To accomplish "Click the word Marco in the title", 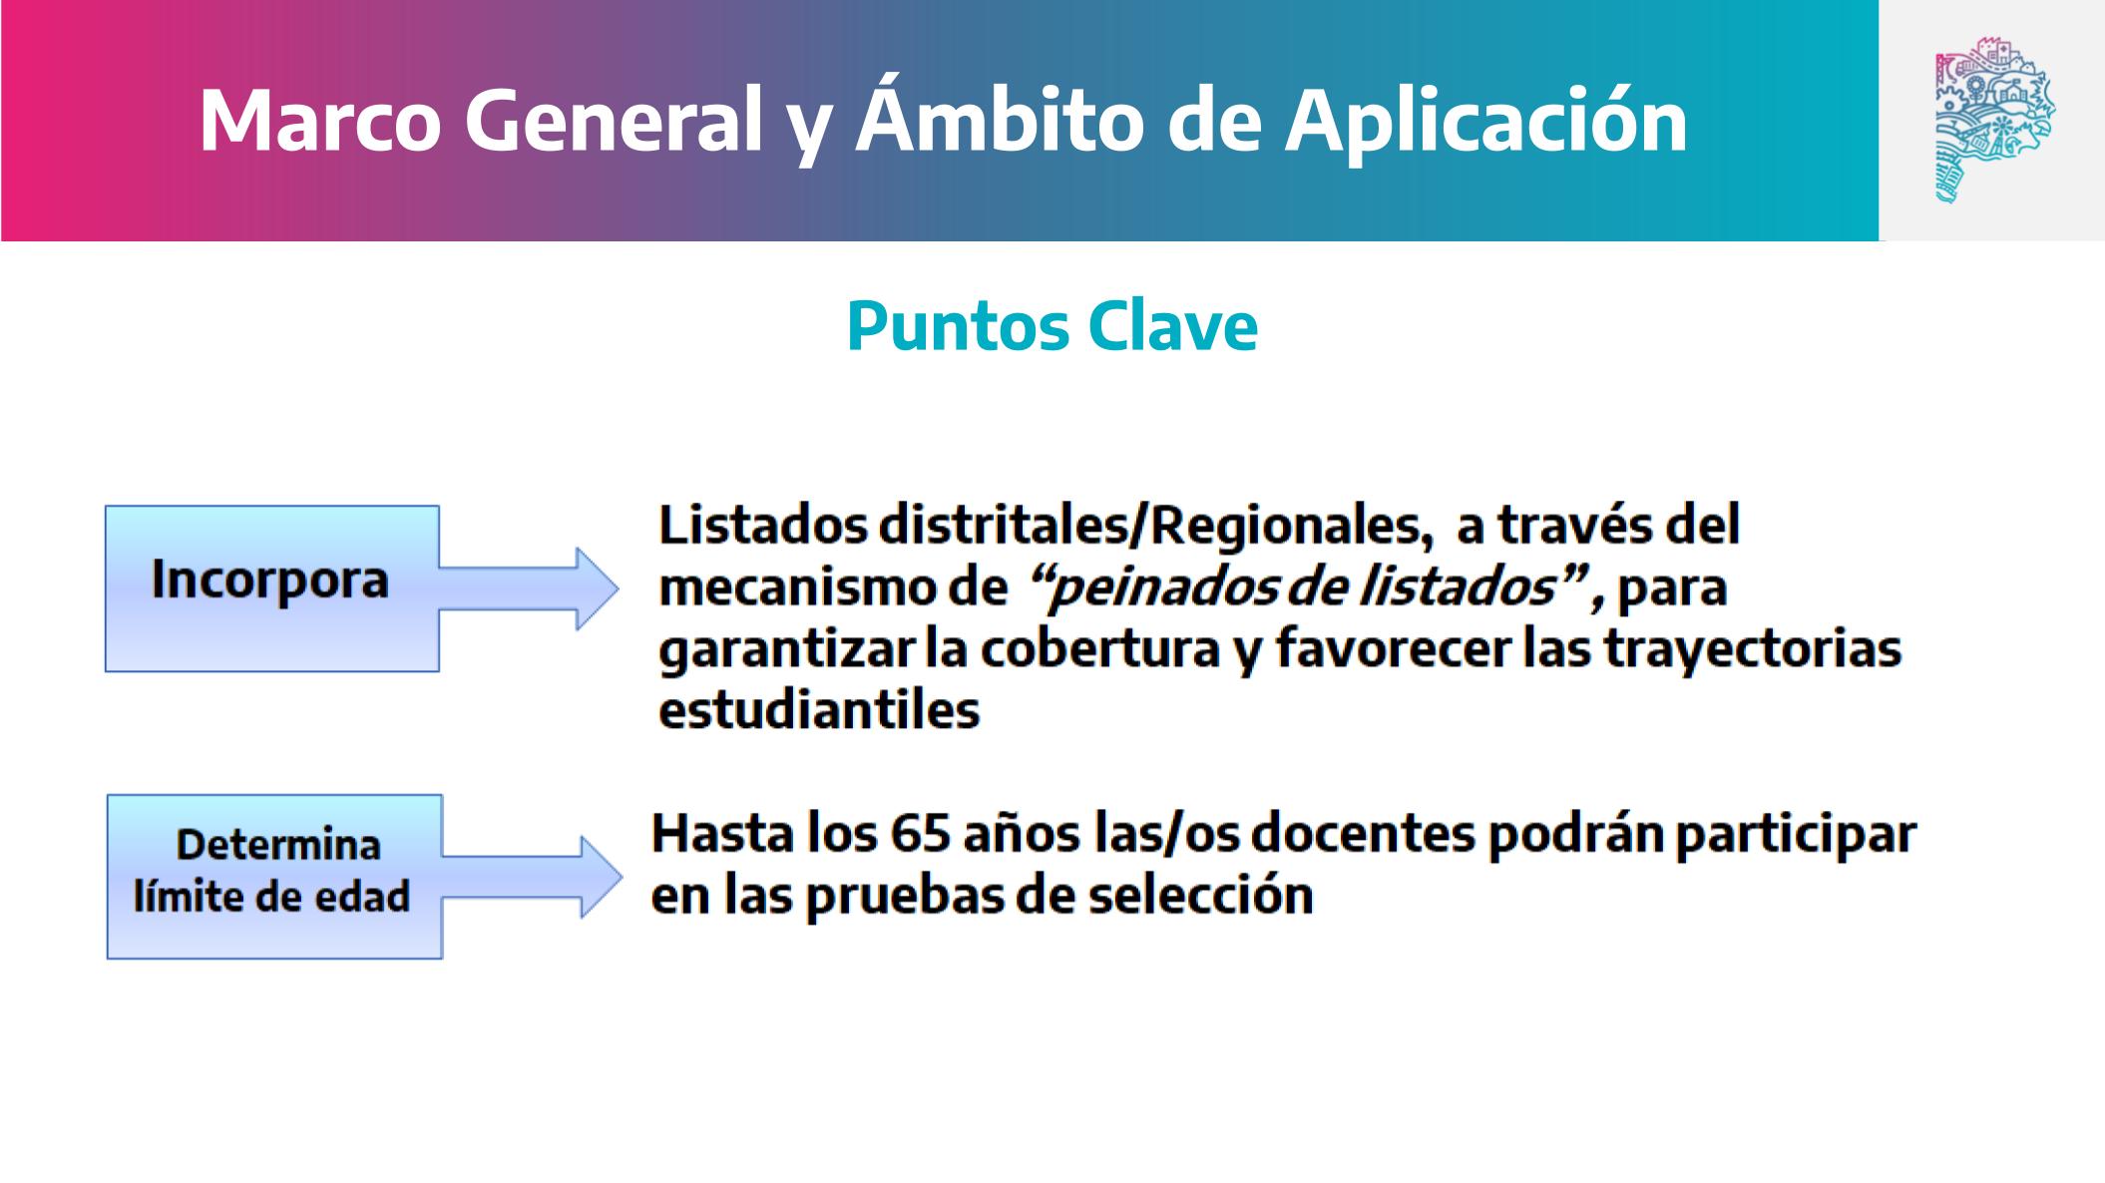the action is point(320,121).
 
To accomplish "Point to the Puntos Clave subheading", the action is point(1052,325).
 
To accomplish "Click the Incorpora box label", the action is point(269,580).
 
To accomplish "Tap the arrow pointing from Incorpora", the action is point(529,589).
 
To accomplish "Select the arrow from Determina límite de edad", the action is point(532,877).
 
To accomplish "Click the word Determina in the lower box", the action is point(278,845).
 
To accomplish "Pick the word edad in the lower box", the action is point(363,896).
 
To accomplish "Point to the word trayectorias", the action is point(1753,649).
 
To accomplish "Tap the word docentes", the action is point(1362,834).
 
